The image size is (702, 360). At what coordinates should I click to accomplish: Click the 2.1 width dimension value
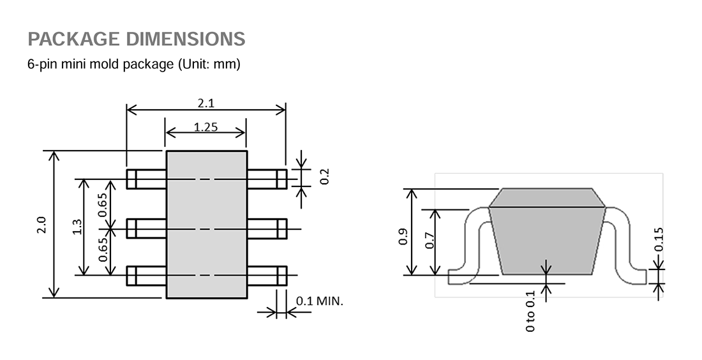click(x=206, y=103)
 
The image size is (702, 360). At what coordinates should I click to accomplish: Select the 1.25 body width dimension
click(x=206, y=127)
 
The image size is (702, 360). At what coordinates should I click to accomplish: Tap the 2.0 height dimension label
click(x=41, y=225)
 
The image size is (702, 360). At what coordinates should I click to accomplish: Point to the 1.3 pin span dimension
click(x=77, y=227)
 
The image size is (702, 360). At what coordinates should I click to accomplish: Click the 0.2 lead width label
click(x=325, y=176)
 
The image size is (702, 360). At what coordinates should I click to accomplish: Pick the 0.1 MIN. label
click(x=320, y=301)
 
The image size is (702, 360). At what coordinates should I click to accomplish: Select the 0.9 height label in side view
click(x=403, y=236)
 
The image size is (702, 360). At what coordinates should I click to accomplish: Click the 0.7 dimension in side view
click(x=429, y=241)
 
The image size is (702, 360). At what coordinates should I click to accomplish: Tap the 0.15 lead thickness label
click(x=659, y=239)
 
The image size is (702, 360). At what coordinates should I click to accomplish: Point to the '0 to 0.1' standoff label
click(x=530, y=311)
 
